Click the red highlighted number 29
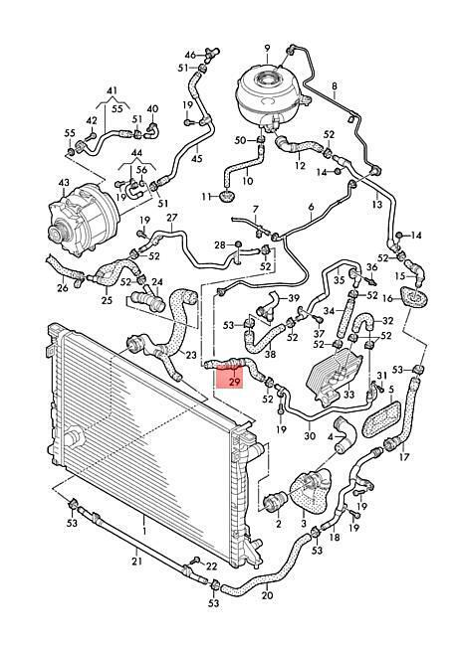point(234,382)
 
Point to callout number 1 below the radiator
point(144,531)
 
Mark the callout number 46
point(190,55)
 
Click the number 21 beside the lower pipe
point(137,561)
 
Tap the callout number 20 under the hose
point(267,595)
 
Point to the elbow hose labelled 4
point(343,435)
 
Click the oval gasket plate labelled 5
point(381,419)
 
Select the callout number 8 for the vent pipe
point(335,86)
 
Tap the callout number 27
point(171,218)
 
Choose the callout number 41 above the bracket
point(113,90)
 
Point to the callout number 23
point(191,355)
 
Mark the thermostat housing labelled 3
point(312,495)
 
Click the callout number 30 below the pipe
point(310,435)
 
